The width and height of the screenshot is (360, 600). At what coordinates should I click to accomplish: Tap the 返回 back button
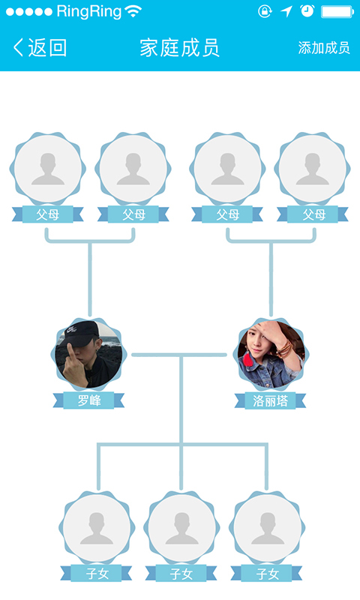click(40, 48)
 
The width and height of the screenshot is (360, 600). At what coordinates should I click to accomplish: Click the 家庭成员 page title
click(179, 48)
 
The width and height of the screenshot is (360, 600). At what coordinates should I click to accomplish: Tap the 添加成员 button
click(324, 48)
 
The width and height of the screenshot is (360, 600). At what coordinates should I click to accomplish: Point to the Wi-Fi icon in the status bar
click(133, 11)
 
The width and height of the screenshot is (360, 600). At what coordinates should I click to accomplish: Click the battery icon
click(337, 11)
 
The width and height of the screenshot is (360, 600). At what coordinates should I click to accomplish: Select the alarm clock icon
click(307, 11)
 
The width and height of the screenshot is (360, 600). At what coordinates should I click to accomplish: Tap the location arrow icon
click(286, 11)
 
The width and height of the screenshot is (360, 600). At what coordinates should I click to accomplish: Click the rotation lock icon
click(265, 11)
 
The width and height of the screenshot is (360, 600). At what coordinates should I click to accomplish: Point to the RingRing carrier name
click(89, 11)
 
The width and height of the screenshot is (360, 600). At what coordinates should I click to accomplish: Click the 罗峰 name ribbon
click(88, 400)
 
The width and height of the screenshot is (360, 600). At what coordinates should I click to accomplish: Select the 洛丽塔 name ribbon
click(270, 401)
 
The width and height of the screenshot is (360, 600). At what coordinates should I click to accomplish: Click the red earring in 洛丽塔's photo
click(249, 360)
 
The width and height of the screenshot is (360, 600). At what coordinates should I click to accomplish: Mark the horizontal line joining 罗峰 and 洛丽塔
click(179, 355)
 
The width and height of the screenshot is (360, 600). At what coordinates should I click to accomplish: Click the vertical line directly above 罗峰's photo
click(90, 280)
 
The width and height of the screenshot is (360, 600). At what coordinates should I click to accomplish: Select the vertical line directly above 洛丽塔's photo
click(271, 280)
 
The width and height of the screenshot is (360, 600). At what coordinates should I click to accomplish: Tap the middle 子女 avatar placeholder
click(181, 528)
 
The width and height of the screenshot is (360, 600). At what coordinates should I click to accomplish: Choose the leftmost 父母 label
click(48, 214)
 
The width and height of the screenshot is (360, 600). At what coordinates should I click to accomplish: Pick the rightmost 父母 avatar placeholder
click(313, 169)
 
